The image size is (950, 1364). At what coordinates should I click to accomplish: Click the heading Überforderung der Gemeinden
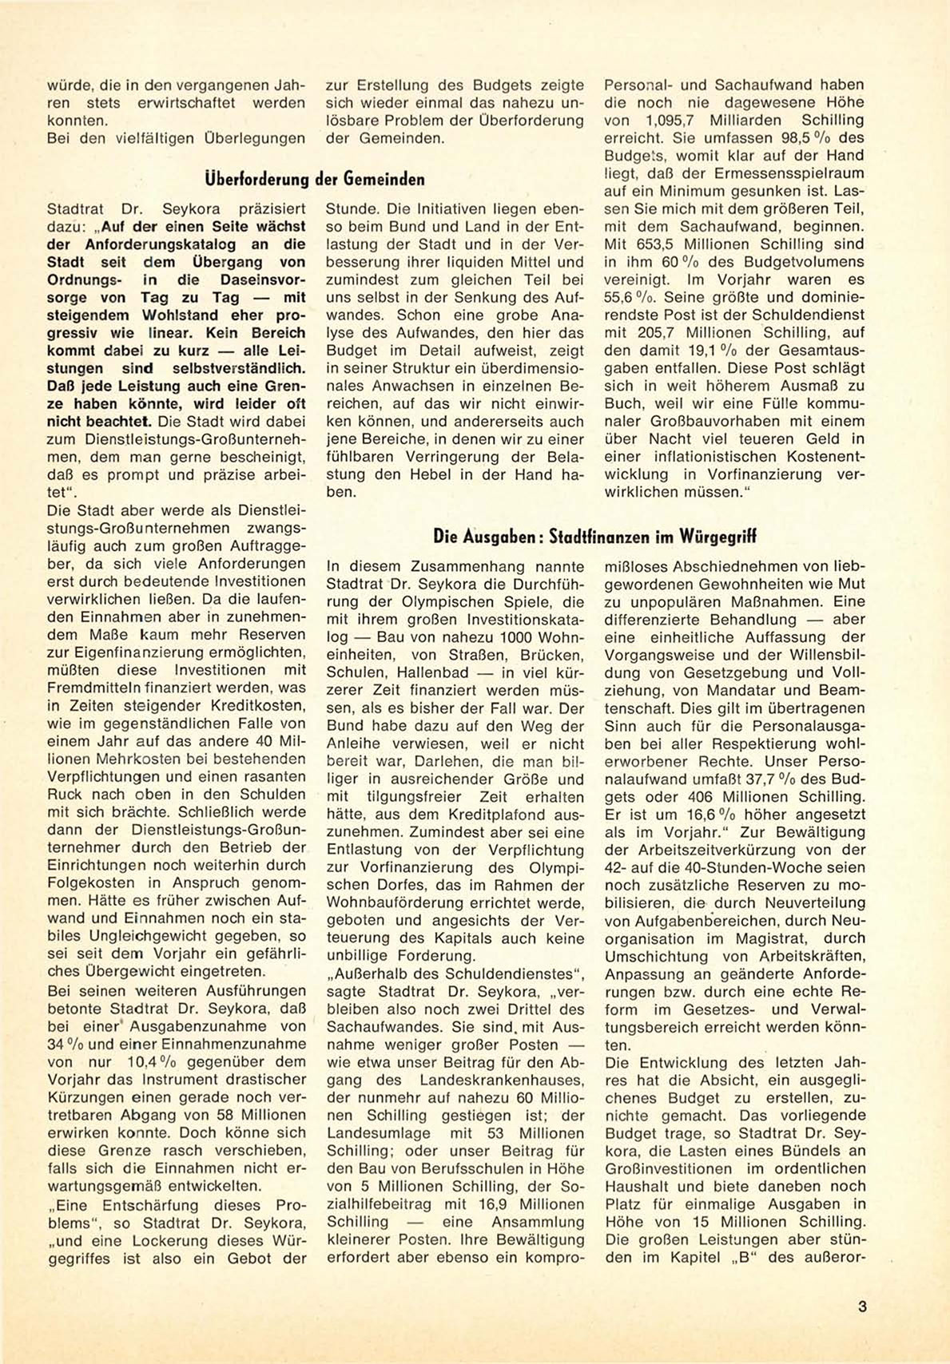click(315, 179)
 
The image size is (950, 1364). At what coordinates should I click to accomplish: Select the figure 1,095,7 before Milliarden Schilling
click(673, 121)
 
